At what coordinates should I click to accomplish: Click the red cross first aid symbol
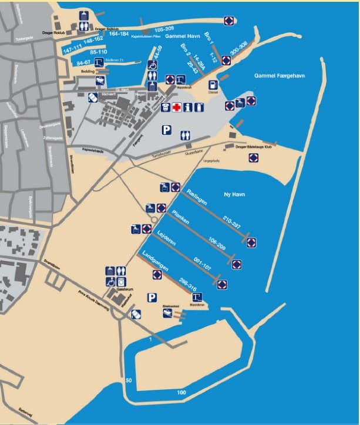(x=176, y=107)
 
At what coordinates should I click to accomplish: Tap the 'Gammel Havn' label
(x=180, y=36)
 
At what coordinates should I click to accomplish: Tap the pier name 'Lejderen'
(x=169, y=238)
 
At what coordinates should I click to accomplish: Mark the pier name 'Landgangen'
(x=154, y=260)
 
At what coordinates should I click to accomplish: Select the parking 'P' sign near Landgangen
(x=152, y=298)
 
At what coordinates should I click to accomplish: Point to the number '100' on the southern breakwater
(x=181, y=392)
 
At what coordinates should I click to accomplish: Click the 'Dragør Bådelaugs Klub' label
(x=255, y=147)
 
